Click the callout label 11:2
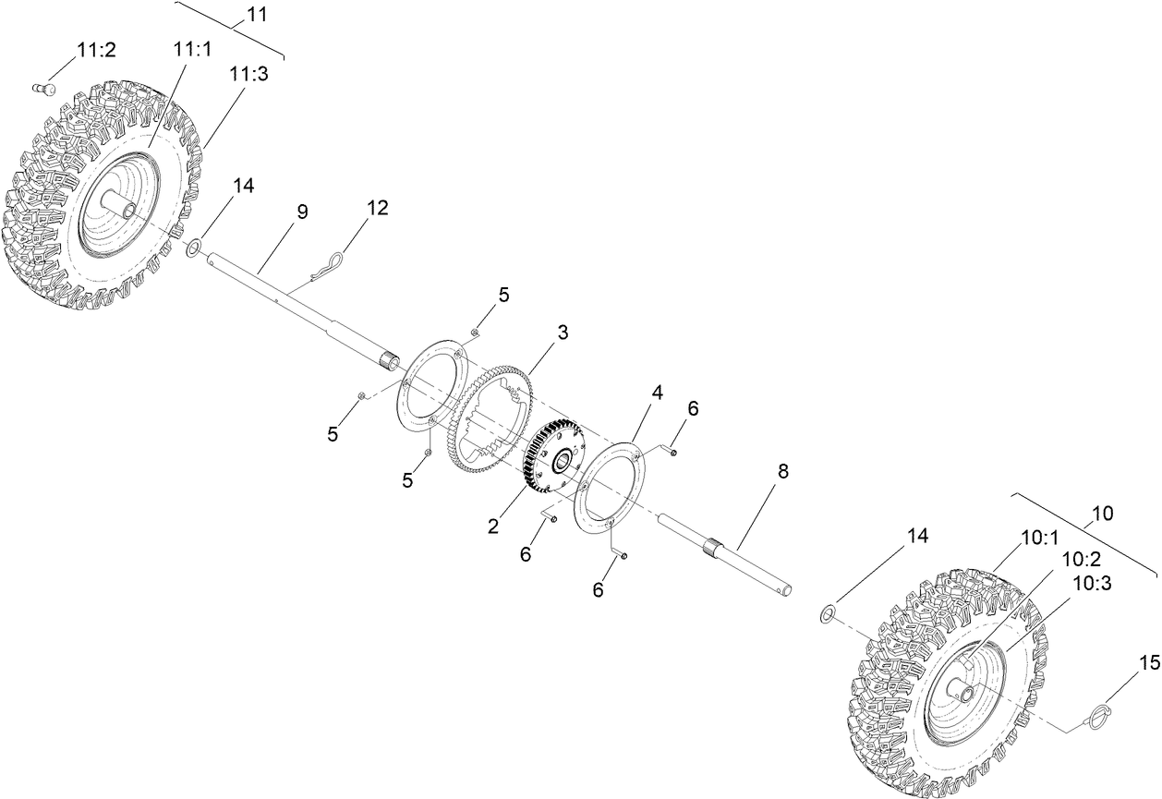coord(96,50)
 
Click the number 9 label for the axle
coord(302,212)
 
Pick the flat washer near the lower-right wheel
coord(829,612)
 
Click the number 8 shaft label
coord(782,471)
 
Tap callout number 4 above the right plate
coord(657,392)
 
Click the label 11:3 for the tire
coord(250,75)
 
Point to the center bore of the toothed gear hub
coord(560,459)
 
